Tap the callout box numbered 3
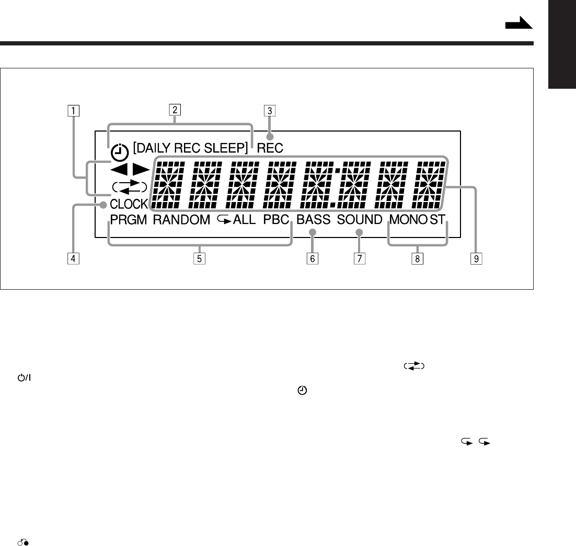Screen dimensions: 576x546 point(269,110)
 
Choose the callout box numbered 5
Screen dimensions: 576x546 point(197,258)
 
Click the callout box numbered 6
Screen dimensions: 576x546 point(313,258)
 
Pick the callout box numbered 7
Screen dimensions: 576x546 point(359,258)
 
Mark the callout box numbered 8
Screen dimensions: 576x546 point(417,258)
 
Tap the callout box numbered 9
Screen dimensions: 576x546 point(476,258)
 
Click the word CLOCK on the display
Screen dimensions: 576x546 point(129,205)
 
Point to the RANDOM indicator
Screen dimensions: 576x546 point(181,220)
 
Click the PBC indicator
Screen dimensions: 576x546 point(277,220)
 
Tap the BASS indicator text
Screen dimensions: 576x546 point(314,220)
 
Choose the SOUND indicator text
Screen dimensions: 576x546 point(360,220)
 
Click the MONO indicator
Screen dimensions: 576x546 point(408,220)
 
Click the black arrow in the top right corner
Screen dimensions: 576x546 point(519,23)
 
